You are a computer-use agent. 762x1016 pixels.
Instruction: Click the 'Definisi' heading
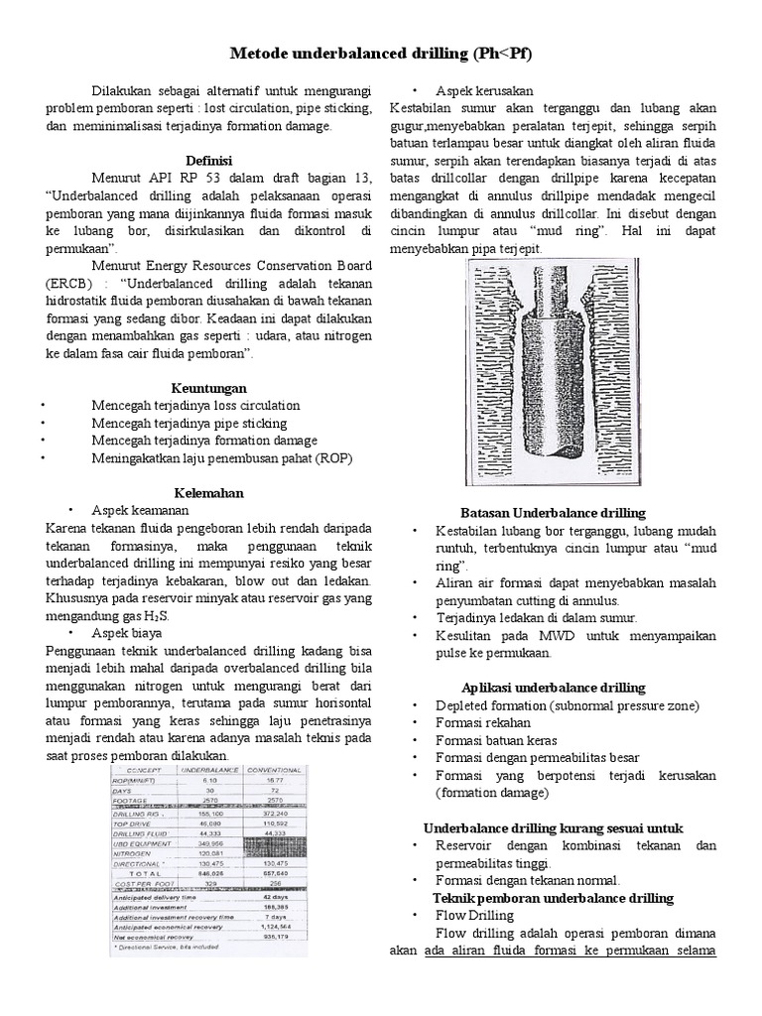pyautogui.click(x=208, y=160)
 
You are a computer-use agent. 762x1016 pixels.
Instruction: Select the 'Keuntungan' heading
pyautogui.click(x=208, y=387)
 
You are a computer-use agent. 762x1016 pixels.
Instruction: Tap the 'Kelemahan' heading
pyautogui.click(x=208, y=493)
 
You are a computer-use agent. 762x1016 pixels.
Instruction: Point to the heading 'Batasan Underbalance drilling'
pyautogui.click(x=554, y=513)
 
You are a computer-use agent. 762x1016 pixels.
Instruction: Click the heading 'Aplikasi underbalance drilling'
pyautogui.click(x=554, y=688)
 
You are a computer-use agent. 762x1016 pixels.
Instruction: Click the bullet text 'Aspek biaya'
pyautogui.click(x=127, y=632)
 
